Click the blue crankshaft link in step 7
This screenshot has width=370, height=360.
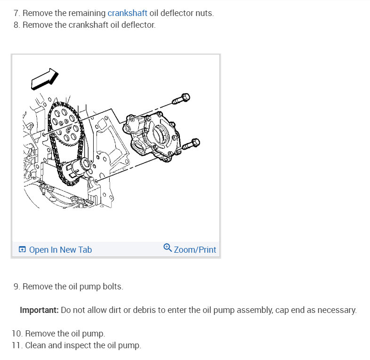coord(127,13)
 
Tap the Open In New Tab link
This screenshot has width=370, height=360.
coord(60,250)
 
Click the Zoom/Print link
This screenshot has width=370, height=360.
coord(195,250)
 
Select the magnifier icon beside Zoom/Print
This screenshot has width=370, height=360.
coord(168,248)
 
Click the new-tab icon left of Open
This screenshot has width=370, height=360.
coord(22,250)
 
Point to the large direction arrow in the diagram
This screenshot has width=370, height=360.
coord(44,79)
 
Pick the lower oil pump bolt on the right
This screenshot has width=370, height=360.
coord(190,144)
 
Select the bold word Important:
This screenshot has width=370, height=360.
coord(39,311)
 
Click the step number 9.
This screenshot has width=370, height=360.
coord(16,287)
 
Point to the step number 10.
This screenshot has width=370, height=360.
coord(16,334)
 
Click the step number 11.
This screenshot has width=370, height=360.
coord(16,346)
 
